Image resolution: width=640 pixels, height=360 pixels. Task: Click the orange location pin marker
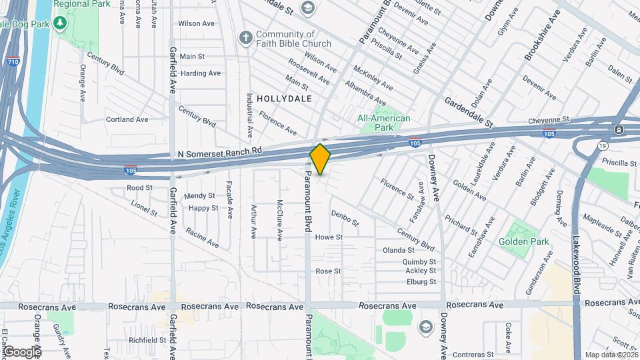pos(320,159)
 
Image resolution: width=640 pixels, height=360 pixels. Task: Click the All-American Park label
pos(384,123)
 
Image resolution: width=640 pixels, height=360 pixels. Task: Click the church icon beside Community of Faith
pos(246,39)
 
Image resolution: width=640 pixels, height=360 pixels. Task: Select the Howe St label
pos(329,237)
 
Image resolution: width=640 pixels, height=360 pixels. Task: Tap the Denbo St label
pos(345,217)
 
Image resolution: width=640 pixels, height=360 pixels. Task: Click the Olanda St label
pos(399,250)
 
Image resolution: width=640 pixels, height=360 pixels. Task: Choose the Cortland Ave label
pos(127,119)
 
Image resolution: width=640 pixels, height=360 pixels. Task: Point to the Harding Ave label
pos(200,73)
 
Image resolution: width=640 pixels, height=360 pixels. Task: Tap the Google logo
pos(22,351)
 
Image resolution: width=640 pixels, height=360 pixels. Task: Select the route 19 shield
pos(603,145)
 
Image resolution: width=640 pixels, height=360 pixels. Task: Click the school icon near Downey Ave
pos(425,327)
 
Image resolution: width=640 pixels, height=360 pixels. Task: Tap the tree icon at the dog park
pos(61,24)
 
